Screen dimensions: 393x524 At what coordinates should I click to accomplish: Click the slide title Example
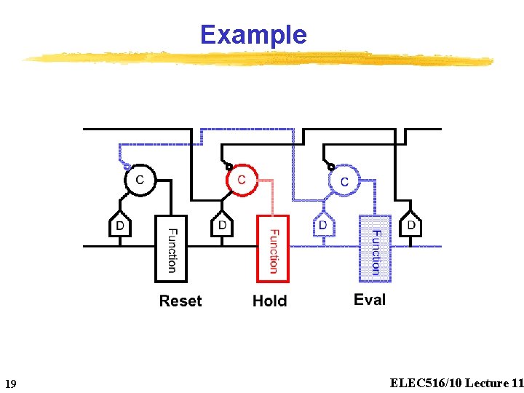pos(253,34)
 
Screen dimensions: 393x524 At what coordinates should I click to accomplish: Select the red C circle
pos(242,180)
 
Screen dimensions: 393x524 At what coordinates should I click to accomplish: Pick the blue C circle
pos(344,180)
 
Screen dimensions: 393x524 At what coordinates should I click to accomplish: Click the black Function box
pos(171,249)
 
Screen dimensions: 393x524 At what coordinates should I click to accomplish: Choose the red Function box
pos(273,249)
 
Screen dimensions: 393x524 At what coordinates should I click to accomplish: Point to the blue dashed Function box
pos(375,249)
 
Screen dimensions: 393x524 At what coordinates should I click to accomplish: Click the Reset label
pos(180,301)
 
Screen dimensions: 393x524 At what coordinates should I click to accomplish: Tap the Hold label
pos(269,301)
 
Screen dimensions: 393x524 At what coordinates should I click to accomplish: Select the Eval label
pos(370,300)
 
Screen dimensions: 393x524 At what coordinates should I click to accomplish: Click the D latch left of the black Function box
pos(120,226)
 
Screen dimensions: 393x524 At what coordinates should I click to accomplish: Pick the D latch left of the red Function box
pos(222,226)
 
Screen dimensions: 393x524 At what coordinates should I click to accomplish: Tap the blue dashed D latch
pos(323,226)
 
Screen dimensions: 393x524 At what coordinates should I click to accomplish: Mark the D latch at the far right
pos(411,226)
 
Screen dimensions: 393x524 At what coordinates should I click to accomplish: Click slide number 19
pos(10,384)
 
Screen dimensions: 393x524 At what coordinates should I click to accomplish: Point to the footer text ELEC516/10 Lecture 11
pos(456,383)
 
